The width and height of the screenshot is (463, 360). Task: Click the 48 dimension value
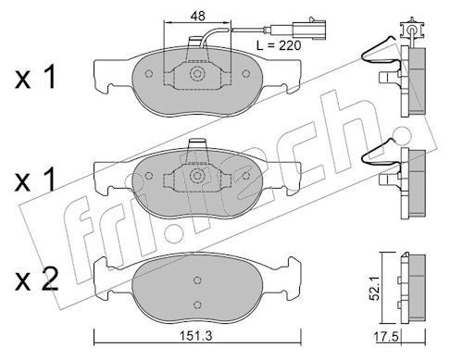(197, 16)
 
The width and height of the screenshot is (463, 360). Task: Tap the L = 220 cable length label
(279, 45)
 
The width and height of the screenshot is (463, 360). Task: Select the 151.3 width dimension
(196, 336)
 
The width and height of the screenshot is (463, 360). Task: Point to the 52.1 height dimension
(375, 289)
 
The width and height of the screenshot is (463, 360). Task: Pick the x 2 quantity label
(36, 280)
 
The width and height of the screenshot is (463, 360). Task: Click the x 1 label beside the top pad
(35, 77)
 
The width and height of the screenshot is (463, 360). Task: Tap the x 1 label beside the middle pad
(35, 180)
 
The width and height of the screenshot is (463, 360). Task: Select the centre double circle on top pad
(197, 74)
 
